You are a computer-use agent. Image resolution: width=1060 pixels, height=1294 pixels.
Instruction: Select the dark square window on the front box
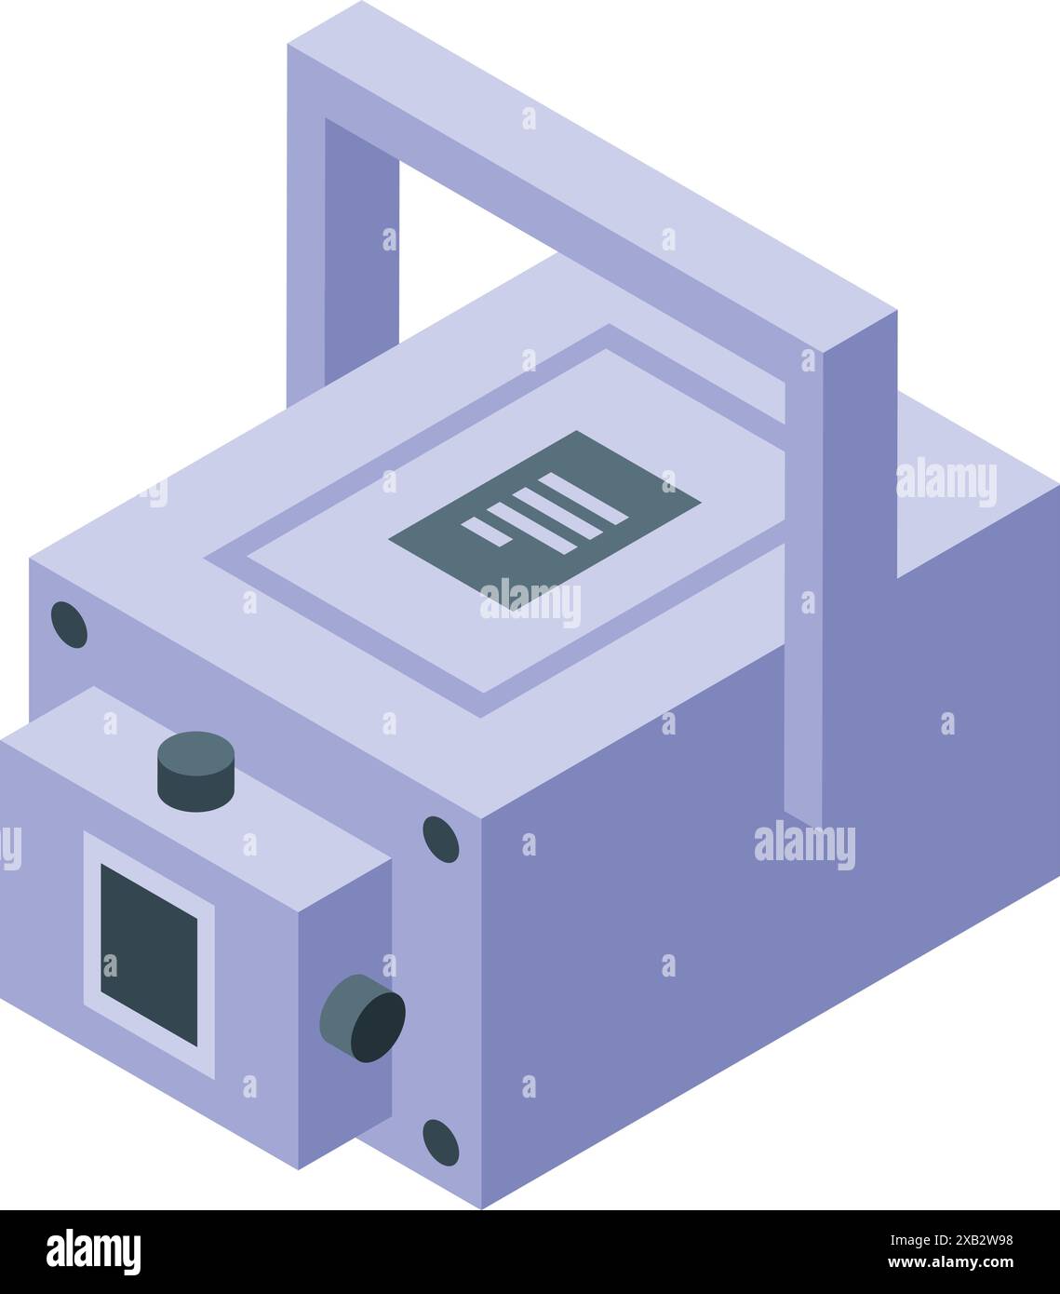149,954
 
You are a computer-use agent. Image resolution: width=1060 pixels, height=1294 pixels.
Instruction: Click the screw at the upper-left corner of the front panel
69,625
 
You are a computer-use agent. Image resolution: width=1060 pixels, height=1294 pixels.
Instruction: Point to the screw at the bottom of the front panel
440,1142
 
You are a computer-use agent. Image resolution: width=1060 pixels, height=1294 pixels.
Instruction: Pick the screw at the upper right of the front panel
440,839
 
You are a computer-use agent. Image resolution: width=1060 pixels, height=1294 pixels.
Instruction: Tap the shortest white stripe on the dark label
484,532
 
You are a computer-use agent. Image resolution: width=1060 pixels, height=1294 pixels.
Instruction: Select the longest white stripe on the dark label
582,498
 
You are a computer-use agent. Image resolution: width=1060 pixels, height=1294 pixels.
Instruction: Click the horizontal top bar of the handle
596,168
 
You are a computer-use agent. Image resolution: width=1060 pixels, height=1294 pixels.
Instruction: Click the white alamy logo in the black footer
94,1252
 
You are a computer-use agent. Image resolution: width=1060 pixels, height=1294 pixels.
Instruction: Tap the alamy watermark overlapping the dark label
530,603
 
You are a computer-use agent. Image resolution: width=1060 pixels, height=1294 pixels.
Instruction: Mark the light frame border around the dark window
91,931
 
